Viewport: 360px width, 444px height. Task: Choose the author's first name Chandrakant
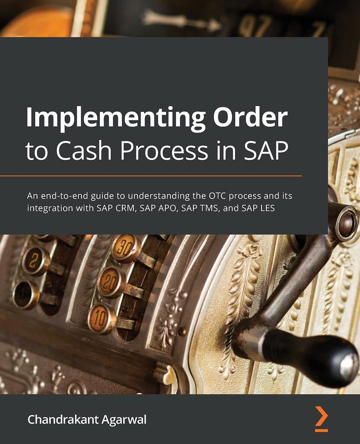62,420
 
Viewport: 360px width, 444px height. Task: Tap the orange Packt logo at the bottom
321,419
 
